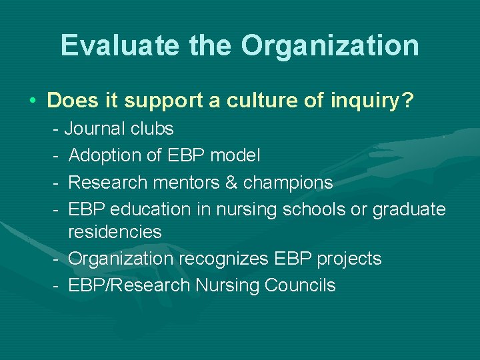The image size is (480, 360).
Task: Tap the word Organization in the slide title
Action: click(330, 46)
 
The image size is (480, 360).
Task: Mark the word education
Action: click(151, 209)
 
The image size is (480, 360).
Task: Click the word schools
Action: click(314, 209)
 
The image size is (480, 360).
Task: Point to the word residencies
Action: click(115, 232)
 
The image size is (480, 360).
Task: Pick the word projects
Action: click(350, 259)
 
